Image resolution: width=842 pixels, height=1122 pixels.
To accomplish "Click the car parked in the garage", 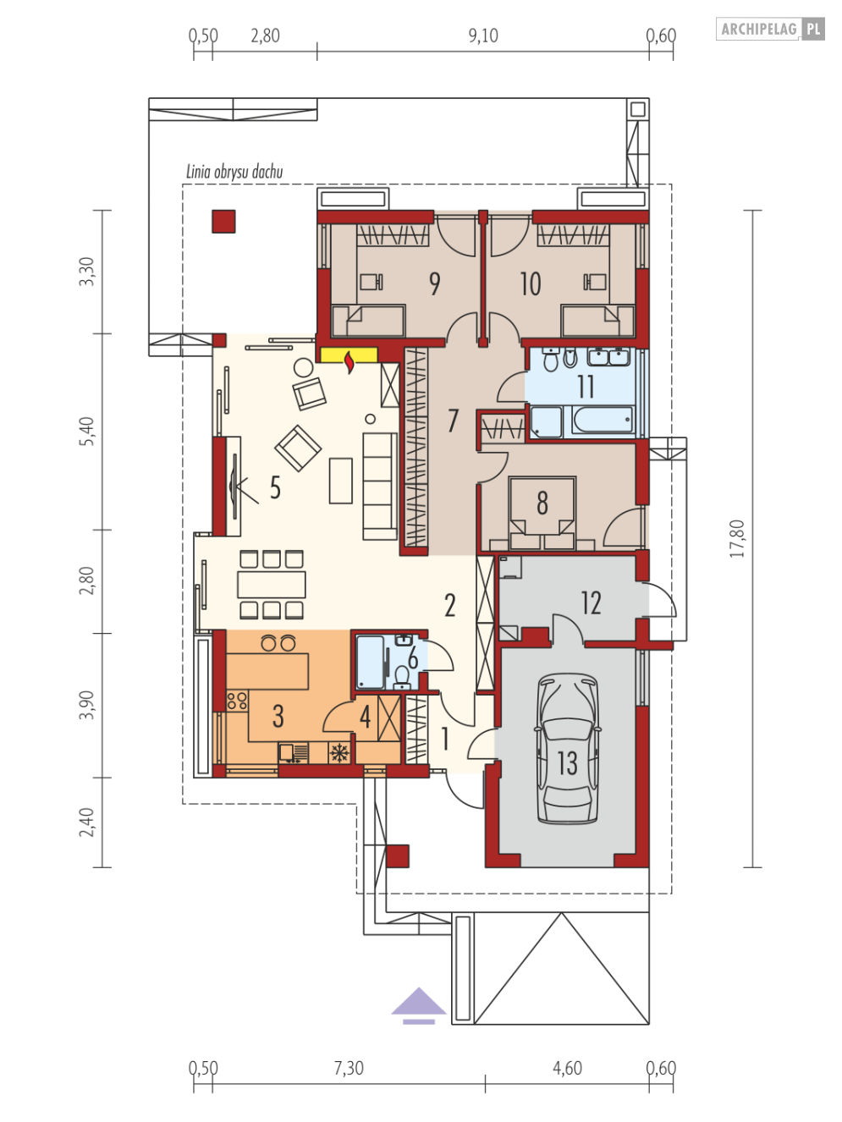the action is tap(567, 749).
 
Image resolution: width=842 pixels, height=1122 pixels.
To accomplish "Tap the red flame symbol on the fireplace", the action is tap(349, 362).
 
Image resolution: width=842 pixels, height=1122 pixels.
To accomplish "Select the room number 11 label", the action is tap(586, 387).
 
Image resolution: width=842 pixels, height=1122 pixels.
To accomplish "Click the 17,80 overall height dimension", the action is tap(737, 538).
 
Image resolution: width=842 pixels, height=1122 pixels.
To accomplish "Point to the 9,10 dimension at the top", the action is tap(483, 36).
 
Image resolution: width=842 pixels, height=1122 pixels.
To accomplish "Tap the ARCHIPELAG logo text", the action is tap(759, 29).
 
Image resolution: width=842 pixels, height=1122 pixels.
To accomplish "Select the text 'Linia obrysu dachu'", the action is tap(234, 172).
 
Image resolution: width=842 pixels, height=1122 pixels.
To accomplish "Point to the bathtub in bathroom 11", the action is tap(603, 421).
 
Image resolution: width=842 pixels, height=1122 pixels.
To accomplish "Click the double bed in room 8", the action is tap(542, 513).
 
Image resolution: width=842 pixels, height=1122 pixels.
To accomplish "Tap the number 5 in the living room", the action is tap(276, 487).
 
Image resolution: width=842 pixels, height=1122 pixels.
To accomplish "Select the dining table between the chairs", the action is tap(272, 584).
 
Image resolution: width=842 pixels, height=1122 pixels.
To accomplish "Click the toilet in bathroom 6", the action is tap(402, 676).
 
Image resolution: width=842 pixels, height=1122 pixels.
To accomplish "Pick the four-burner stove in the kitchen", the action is tap(237, 700).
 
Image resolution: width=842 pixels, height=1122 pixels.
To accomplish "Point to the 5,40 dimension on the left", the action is tap(88, 432).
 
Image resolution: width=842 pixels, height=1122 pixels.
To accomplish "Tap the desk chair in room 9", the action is tap(371, 282).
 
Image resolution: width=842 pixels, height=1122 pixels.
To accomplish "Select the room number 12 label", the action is tap(591, 602).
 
